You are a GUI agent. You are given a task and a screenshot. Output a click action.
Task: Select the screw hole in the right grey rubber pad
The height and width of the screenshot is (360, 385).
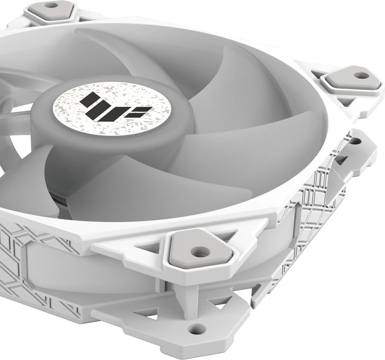click(x=363, y=75)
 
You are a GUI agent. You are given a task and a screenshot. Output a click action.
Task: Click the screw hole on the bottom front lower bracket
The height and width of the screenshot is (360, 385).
click(x=197, y=326)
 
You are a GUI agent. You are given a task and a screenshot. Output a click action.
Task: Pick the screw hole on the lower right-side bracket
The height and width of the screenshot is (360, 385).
click(x=355, y=141)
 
